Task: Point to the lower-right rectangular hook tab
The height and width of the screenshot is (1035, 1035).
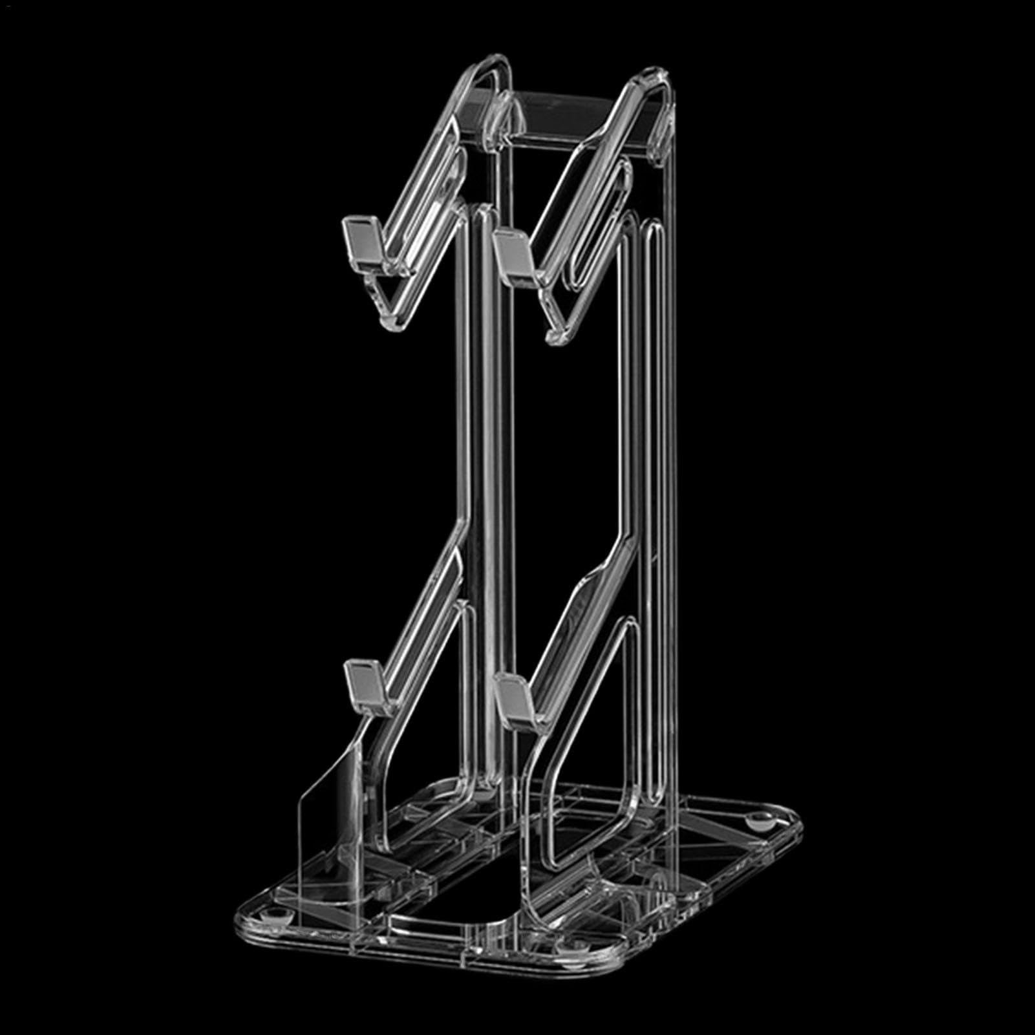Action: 515,697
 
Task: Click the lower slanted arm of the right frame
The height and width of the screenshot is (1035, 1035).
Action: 569,621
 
